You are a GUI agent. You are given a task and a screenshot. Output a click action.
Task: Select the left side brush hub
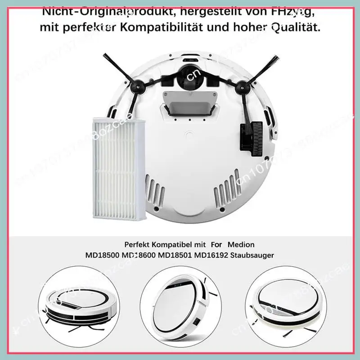[134, 85]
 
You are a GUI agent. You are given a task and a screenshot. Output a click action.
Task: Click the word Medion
[241, 244]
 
